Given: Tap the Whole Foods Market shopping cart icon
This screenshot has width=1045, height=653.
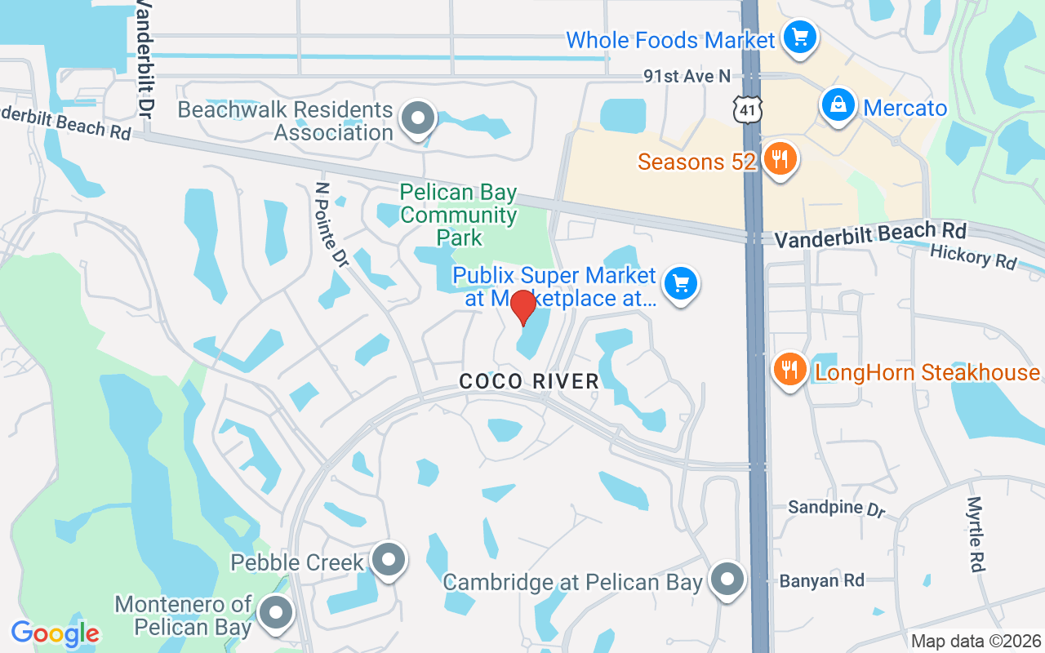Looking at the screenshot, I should [799, 37].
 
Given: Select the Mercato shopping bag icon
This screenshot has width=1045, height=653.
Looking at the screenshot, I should [838, 105].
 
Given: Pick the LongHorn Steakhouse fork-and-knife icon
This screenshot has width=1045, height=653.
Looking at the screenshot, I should [789, 369].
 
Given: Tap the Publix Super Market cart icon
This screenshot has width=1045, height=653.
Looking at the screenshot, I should [681, 284].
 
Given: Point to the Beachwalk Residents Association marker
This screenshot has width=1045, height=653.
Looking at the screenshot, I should [419, 118].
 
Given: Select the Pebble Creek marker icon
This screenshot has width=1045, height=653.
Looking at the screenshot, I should [388, 560].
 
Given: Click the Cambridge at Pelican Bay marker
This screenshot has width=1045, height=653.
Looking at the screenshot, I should [727, 580].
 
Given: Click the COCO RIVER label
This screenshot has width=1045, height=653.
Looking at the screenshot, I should [528, 381].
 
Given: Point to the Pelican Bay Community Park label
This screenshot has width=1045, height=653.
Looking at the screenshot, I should [459, 215].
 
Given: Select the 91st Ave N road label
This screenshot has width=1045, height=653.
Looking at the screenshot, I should [687, 76].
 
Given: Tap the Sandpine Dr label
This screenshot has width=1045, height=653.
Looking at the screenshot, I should [836, 509].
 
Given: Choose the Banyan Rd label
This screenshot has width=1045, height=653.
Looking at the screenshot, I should [821, 581].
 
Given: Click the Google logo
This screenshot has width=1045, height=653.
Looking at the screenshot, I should [55, 633].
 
